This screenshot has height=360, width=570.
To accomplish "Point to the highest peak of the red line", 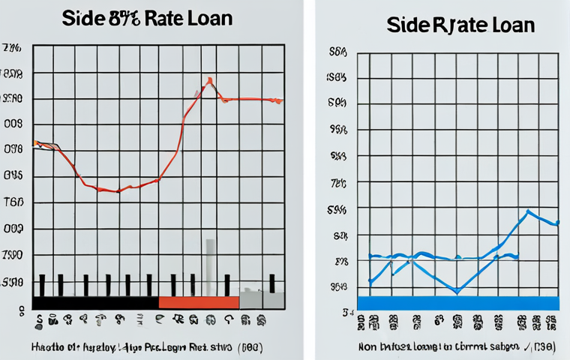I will pos(209,79).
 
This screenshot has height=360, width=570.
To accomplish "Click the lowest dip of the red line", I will pos(116,191).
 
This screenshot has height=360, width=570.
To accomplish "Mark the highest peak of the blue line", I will pos(528,211).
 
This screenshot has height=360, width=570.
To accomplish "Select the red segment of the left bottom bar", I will pos(199,301).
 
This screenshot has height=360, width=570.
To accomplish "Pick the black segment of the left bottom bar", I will pos(96,301).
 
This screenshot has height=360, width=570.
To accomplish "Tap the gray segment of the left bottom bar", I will pos(262,300).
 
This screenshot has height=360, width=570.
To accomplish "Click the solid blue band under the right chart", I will pos(457,302).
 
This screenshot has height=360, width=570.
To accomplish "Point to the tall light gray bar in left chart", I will pos(210,266).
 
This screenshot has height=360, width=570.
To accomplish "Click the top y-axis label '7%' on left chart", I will pos(12,49).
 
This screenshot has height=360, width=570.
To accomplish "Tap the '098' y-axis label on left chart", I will pos(13,149).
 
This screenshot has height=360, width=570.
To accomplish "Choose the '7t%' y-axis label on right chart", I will pos(339,183).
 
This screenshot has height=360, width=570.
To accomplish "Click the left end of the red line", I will pos(35,142).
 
